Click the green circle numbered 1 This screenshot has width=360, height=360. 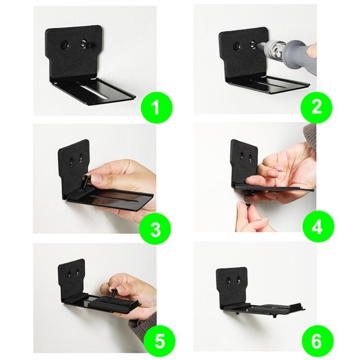pyautogui.click(x=155, y=108)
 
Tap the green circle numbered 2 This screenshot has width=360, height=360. pyautogui.click(x=316, y=107)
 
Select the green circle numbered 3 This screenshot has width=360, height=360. pyautogui.click(x=155, y=229)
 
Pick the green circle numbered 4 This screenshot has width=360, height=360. pyautogui.click(x=317, y=227)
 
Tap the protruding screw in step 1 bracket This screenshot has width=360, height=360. pyautogui.click(x=84, y=44)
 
